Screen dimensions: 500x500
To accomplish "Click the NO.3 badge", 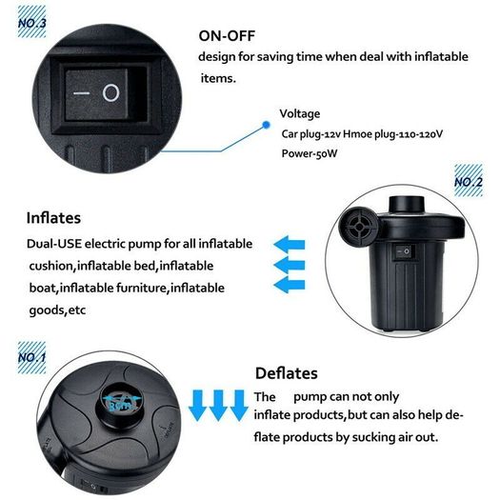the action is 31,22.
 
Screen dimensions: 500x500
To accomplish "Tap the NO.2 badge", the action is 469,181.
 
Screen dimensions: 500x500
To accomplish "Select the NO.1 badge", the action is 31,357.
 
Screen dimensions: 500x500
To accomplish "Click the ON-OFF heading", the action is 227,36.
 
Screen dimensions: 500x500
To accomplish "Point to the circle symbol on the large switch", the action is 110,92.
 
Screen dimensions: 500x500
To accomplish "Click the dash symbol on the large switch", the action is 81,93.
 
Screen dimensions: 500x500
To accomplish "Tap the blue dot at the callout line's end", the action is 267,125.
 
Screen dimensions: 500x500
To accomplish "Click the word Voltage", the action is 300,113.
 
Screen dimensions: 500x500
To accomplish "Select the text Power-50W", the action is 310,153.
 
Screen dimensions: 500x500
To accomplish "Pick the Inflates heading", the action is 53,218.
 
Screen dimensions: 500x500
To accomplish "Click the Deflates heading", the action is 287,373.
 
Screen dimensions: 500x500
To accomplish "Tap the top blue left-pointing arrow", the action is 290,245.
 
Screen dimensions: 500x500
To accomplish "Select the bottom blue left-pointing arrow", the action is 290,285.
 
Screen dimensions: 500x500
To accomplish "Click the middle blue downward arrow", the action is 218,406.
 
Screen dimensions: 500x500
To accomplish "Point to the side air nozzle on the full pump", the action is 358,227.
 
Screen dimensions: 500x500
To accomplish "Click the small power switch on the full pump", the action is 402,252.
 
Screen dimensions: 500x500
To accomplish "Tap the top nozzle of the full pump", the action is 407,205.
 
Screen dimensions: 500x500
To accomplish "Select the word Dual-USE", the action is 54,244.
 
